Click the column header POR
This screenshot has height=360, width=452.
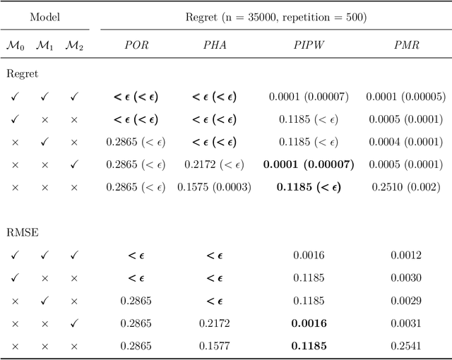[x=136, y=45]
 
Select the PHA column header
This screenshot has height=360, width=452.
[x=214, y=45]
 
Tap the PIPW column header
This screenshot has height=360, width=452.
[x=308, y=45]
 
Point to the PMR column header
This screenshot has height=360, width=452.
[x=405, y=45]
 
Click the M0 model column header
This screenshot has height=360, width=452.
[x=15, y=45]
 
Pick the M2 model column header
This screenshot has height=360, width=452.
[x=74, y=45]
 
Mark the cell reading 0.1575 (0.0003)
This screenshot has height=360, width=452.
[x=214, y=187]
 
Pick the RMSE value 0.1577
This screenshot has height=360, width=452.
[x=214, y=346]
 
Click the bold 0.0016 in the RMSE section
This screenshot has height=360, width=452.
[x=308, y=323]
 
